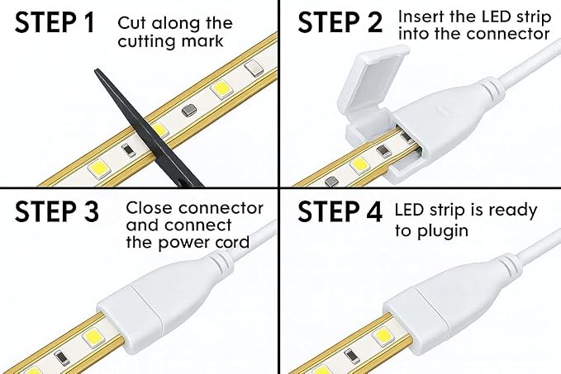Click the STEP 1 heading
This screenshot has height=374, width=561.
click(x=55, y=22)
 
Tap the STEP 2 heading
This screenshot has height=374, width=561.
click(x=340, y=22)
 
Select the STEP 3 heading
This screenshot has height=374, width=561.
click(x=56, y=211)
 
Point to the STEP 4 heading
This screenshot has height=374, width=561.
click(x=340, y=211)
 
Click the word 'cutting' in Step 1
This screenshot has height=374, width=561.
click(x=147, y=41)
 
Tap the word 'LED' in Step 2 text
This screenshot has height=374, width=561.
click(x=497, y=17)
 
